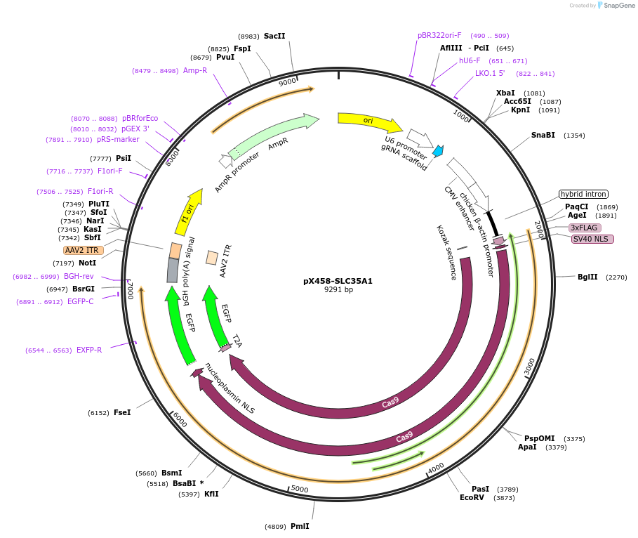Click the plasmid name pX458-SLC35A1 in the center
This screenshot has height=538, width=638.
pos(338,281)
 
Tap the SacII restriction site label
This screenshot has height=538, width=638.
pos(274,36)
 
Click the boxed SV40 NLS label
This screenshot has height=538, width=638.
pos(592,239)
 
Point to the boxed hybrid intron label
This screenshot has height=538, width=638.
pos(583,194)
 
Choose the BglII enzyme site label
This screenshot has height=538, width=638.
pos(587,277)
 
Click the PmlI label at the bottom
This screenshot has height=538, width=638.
pos(299,526)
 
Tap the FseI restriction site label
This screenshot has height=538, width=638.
pos(122,412)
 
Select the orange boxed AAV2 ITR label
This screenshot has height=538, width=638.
pos(83,250)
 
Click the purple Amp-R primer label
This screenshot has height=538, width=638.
pos(195,70)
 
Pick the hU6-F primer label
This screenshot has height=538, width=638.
pos(470,60)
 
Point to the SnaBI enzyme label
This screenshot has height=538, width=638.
pos(543,135)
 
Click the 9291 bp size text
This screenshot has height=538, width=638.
pos(338,290)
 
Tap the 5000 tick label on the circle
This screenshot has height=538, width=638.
pos(300,489)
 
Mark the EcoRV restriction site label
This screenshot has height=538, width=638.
pos(472,497)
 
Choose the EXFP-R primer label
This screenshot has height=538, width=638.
pos(89,350)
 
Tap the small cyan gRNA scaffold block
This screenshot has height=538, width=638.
pos(438,150)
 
